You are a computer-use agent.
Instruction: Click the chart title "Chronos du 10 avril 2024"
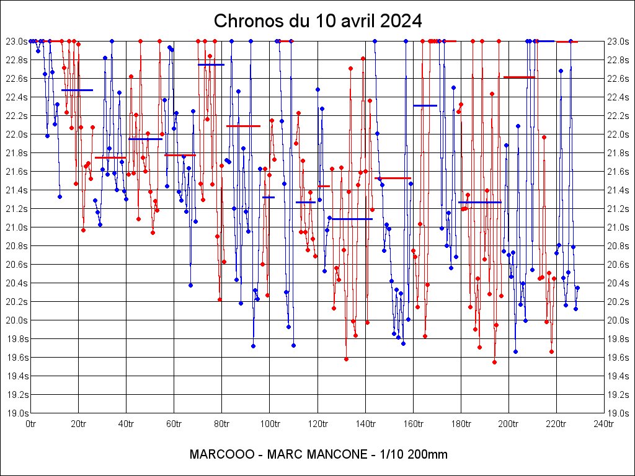click(x=317, y=21)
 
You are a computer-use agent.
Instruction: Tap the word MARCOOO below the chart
click(x=221, y=454)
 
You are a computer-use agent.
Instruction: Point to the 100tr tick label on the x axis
click(x=269, y=424)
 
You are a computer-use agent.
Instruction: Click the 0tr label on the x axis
click(x=30, y=424)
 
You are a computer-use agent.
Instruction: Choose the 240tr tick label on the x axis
click(x=603, y=424)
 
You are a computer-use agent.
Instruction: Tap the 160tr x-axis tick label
click(x=412, y=424)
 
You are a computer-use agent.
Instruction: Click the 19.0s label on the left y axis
click(x=17, y=413)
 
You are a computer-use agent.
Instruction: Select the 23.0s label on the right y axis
click(x=618, y=42)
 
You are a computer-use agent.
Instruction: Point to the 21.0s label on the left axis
click(x=17, y=227)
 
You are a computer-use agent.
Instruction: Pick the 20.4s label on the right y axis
click(x=618, y=283)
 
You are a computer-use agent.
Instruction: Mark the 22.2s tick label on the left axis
click(x=17, y=116)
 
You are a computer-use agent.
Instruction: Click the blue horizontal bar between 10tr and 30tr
click(x=77, y=90)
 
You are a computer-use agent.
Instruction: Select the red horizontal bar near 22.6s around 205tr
click(x=519, y=77)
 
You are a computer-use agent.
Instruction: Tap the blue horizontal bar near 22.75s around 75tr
click(x=211, y=64)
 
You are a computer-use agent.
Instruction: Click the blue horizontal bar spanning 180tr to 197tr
click(x=479, y=202)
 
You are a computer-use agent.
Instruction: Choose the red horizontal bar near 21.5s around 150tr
click(x=393, y=178)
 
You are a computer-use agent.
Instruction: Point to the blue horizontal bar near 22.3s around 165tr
click(x=425, y=105)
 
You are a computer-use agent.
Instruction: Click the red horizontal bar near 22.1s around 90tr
click(x=243, y=126)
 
